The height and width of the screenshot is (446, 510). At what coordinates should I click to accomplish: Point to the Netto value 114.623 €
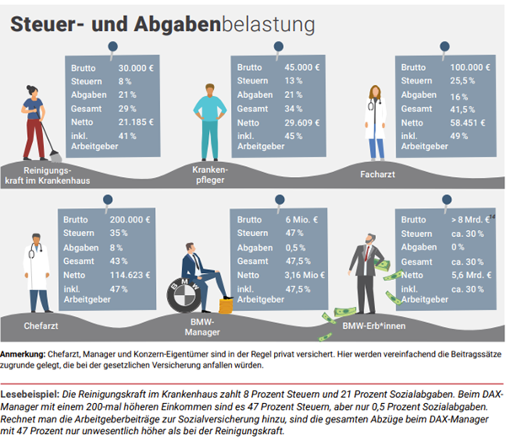[132, 275]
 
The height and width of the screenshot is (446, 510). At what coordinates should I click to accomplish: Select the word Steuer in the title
[42, 26]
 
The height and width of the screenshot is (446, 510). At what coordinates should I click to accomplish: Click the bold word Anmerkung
[26, 352]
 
